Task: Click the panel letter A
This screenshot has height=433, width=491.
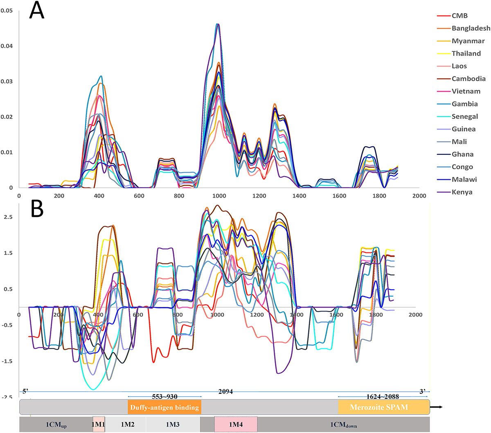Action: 36,11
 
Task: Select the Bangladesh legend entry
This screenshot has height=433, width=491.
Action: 471,28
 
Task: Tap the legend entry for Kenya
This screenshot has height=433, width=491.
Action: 462,192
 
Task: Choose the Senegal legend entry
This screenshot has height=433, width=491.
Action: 465,116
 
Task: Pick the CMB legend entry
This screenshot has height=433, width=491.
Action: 459,16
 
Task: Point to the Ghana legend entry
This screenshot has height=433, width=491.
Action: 462,154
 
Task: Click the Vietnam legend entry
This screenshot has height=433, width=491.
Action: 466,91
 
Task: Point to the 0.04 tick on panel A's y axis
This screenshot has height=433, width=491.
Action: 7,46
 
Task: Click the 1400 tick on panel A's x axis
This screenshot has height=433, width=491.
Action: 300,196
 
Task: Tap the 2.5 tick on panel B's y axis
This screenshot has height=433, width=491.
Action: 8,217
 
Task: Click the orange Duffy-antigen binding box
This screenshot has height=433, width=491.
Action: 164,407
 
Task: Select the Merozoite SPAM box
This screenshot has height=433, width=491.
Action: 379,407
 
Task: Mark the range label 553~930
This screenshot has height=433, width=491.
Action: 164,397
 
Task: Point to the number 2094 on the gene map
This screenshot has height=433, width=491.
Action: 225,392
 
